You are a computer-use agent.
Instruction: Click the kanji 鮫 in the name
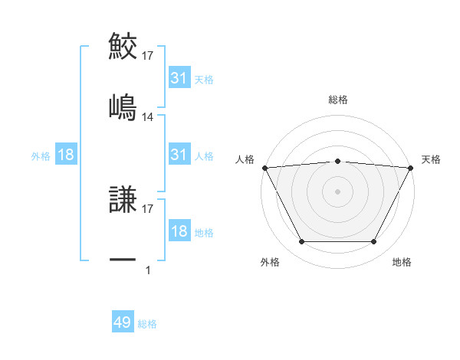[x=123, y=46]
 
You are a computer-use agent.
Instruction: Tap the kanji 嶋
[x=123, y=106]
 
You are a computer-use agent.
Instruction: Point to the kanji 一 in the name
[x=123, y=260]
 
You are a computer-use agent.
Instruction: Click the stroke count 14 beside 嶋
[x=148, y=117]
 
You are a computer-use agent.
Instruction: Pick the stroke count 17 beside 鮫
[x=148, y=56]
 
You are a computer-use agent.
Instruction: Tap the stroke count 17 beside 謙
[x=148, y=208]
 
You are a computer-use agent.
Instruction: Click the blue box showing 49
[x=123, y=323]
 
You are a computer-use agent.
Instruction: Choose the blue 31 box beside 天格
[x=179, y=78]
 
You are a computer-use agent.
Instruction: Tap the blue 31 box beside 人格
[x=179, y=155]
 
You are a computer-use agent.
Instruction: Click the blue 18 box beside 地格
[x=179, y=231]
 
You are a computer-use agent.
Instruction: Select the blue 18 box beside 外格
[x=66, y=155]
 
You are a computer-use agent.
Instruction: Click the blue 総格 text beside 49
[x=147, y=324]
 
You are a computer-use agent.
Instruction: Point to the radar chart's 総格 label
[x=338, y=100]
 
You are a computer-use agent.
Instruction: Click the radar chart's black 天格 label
[x=432, y=159]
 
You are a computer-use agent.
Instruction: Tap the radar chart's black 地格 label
[x=402, y=262]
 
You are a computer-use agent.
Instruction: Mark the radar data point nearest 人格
[x=264, y=167]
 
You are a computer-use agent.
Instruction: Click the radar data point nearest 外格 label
[x=301, y=242]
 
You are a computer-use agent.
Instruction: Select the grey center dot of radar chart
[x=338, y=191]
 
